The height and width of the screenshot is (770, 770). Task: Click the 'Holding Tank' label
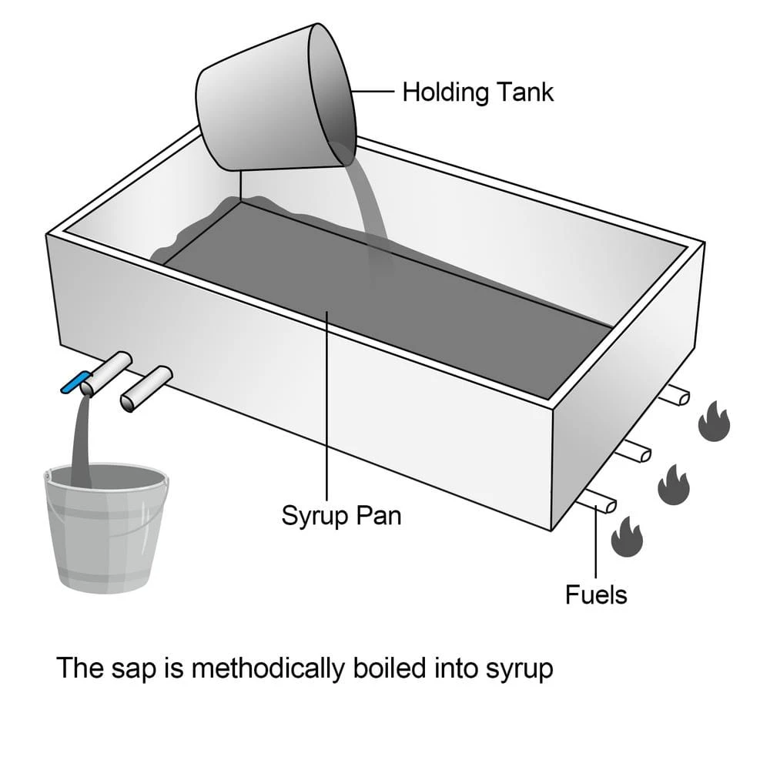[477, 92]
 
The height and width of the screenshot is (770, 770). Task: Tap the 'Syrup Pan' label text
[341, 514]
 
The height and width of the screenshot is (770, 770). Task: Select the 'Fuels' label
[596, 594]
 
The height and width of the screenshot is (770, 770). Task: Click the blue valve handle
[75, 382]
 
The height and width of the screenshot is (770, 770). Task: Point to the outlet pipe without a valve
[146, 389]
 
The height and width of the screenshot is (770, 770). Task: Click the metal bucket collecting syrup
[105, 531]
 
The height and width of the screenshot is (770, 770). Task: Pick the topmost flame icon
[714, 420]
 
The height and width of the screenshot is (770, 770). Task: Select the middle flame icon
[674, 485]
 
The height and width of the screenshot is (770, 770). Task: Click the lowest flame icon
[627, 536]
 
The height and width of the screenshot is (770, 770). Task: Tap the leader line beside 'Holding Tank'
[375, 92]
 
